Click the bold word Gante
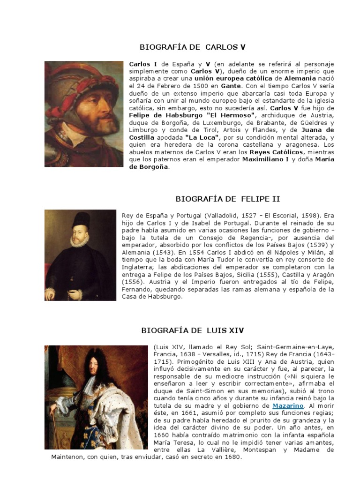(x=230, y=86)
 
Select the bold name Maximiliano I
(x=265, y=159)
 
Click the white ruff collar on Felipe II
(x=80, y=240)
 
